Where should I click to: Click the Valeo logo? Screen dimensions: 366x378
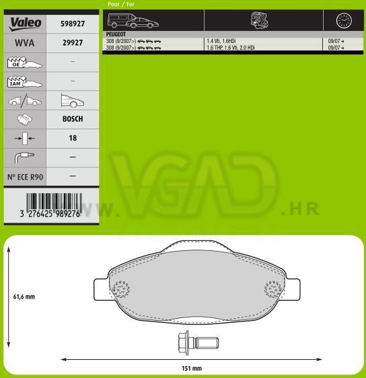tap(25, 24)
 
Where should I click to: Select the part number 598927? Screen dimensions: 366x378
tap(73, 24)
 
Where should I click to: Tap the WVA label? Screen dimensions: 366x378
tap(25, 43)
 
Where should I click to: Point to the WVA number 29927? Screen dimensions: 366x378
tap(73, 42)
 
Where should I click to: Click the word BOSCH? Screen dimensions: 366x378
tap(73, 119)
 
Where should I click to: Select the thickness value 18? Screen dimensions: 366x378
tap(73, 138)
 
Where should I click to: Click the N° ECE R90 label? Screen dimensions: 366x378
tap(25, 177)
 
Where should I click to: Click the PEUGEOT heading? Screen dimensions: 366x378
tap(116, 34)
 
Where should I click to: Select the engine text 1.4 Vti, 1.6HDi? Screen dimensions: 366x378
tap(221, 41)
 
